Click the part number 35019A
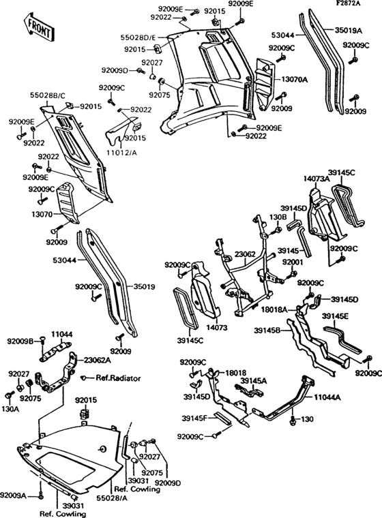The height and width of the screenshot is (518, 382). click(349, 30)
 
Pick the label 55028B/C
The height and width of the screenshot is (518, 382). click(47, 96)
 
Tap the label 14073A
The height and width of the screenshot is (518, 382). click(317, 179)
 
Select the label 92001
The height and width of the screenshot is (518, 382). click(293, 261)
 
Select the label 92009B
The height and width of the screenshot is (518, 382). click(20, 340)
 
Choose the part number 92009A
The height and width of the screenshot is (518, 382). click(14, 496)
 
